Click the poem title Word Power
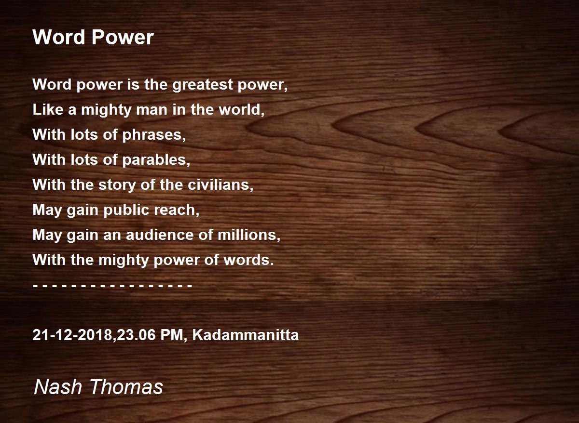coord(93,38)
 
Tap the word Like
coord(48,110)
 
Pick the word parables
coord(156,160)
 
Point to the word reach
coord(180,211)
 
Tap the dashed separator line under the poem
coord(112,286)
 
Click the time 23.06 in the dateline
coord(139,335)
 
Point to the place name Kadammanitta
coord(245,335)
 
